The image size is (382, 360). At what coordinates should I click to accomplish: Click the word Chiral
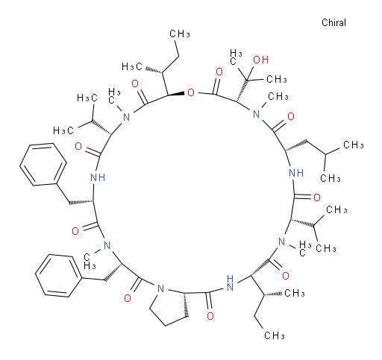point(334,22)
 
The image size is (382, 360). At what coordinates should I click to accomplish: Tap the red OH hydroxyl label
point(260,60)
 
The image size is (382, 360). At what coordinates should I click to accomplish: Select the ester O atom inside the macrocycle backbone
point(191,92)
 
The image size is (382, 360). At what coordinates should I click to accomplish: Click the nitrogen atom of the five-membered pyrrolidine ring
point(160,288)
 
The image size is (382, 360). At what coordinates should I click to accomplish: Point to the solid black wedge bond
point(175,94)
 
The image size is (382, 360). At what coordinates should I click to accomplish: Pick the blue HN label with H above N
point(230,282)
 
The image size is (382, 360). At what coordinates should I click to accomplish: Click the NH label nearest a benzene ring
point(98,177)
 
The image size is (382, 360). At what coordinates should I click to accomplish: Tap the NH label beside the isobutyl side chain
point(296,173)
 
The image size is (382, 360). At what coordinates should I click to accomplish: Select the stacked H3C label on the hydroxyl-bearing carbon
point(236,57)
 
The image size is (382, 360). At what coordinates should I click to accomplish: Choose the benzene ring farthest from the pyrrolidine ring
point(43,164)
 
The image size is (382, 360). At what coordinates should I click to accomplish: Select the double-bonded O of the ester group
point(219,72)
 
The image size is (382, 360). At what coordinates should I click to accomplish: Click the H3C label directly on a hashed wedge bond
point(132,66)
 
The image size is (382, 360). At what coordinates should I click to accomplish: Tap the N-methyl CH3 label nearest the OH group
point(278,96)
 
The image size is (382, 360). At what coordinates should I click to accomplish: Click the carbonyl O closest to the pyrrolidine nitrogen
point(128,298)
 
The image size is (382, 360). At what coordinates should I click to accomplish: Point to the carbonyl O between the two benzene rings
point(75,231)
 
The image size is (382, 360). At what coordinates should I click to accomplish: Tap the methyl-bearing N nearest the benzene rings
point(107,245)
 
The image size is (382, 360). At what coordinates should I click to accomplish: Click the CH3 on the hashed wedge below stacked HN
point(295,294)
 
